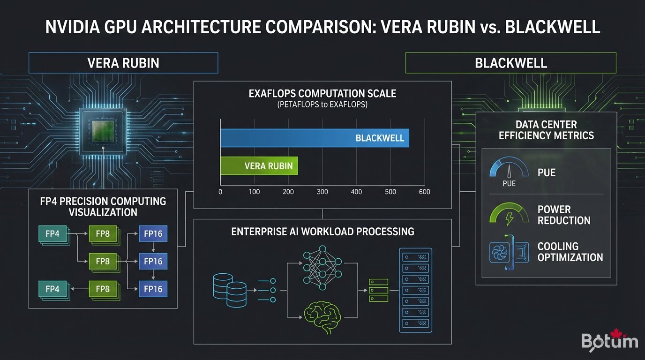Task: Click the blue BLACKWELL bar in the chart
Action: (x=314, y=138)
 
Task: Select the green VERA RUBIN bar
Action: (x=259, y=166)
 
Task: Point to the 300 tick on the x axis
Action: (x=322, y=192)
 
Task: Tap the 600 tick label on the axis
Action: (x=424, y=192)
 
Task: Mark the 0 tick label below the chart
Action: (x=220, y=192)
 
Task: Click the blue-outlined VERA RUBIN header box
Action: (x=123, y=63)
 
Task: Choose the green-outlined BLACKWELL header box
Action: (x=510, y=63)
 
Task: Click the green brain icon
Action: (x=321, y=315)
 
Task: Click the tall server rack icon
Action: (x=415, y=290)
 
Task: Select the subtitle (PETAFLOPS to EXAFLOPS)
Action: (x=322, y=105)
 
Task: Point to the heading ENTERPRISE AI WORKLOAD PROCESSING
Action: (x=322, y=232)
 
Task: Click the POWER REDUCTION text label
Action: (x=563, y=215)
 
